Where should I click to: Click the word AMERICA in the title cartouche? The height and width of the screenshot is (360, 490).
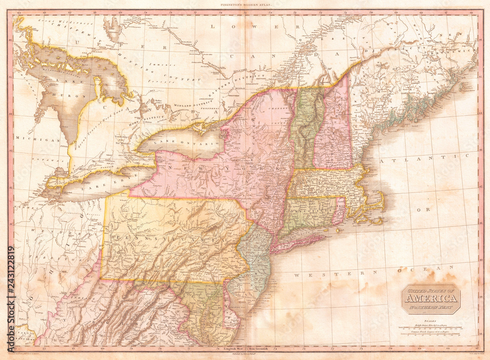pos(431,299)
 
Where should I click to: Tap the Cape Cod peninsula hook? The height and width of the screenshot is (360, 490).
pos(377,204)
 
